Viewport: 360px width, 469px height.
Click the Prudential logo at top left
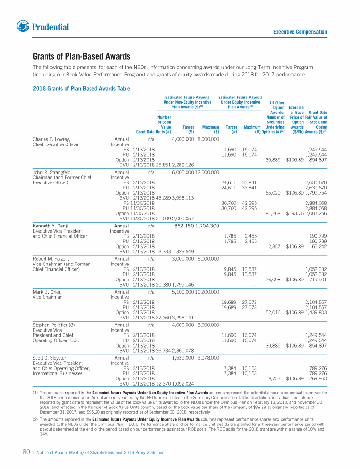point(43,27)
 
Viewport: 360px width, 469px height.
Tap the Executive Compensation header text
point(300,32)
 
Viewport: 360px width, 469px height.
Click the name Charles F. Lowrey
point(51,139)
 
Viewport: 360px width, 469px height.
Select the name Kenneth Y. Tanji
point(50,226)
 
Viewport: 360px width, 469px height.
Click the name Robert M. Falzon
point(51,258)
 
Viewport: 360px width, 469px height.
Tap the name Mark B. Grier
point(47,291)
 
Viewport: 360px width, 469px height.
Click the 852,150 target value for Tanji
point(184,226)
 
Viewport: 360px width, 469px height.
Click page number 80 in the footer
point(27,452)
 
